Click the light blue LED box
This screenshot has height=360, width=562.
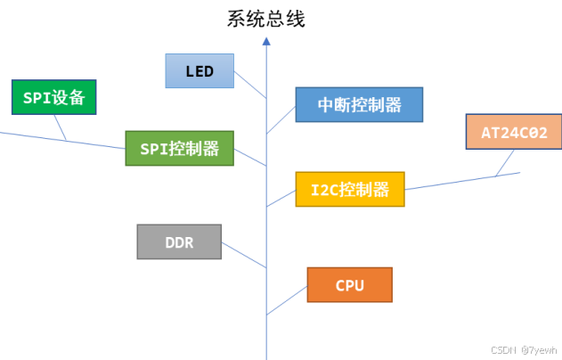pyautogui.click(x=200, y=70)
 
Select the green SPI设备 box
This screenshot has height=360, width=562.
pyautogui.click(x=53, y=97)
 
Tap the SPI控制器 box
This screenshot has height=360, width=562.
pyautogui.click(x=179, y=148)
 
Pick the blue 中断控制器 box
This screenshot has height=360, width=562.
pyautogui.click(x=359, y=104)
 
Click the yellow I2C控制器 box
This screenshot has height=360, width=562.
pyautogui.click(x=349, y=189)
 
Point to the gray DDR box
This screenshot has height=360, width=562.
pyautogui.click(x=179, y=241)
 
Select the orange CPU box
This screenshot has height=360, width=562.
pyautogui.click(x=349, y=285)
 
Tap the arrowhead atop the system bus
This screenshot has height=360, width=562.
pyautogui.click(x=266, y=41)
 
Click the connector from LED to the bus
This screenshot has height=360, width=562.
pyautogui.click(x=249, y=86)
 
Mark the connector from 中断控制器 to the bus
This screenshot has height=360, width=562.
pyautogui.click(x=281, y=119)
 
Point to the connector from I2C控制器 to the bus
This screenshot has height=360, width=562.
pyautogui.click(x=281, y=198)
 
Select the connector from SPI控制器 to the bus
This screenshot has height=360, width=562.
pyautogui.click(x=250, y=157)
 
